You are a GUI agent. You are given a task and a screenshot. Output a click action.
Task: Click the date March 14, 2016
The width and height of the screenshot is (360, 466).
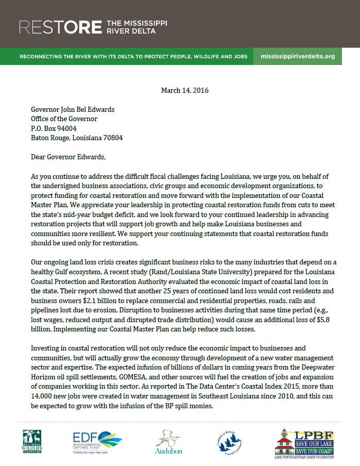tap(185, 90)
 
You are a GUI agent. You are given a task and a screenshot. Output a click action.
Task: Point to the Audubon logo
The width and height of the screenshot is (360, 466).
tap(168, 442)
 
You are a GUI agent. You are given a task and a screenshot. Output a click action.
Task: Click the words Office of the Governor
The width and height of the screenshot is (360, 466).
tap(64, 119)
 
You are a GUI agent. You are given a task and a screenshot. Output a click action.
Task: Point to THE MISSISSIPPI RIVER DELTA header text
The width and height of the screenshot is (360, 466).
tap(136, 26)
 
